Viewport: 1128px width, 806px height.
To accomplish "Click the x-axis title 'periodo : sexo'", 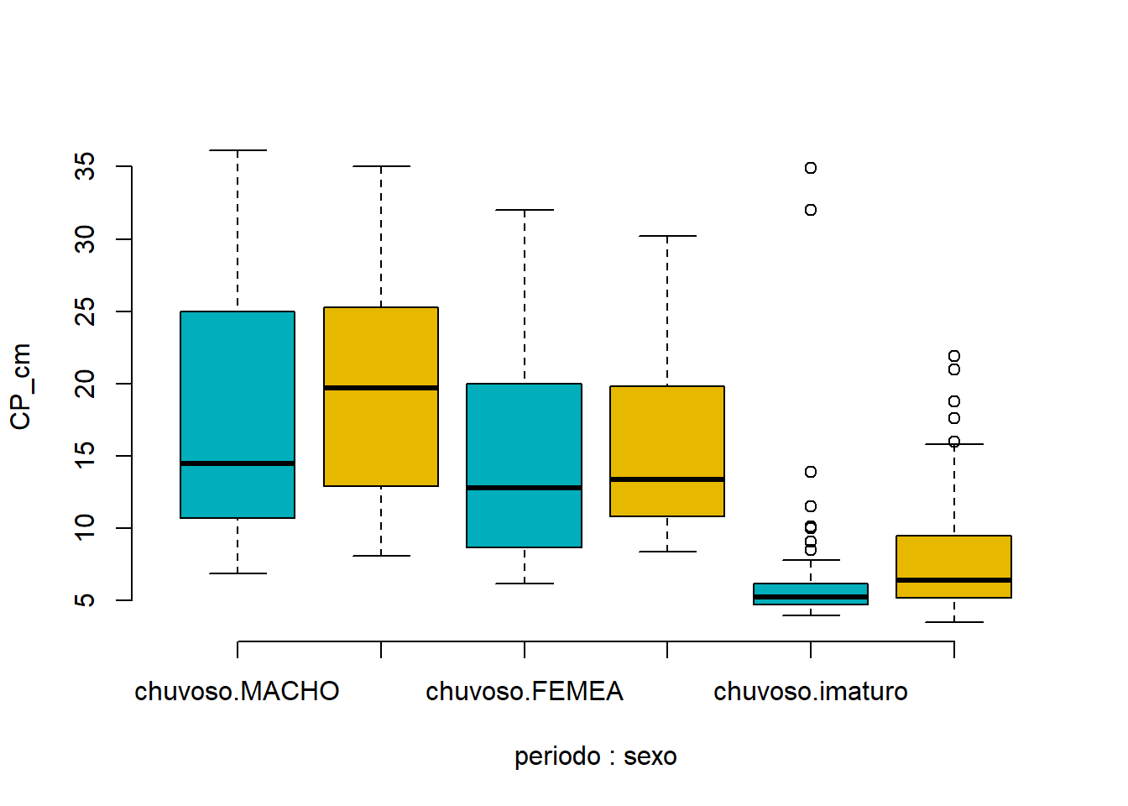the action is pyautogui.click(x=596, y=756).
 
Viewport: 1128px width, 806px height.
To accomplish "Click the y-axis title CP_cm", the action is pyautogui.click(x=21, y=386).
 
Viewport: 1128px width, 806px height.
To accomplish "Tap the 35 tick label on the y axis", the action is pyautogui.click(x=85, y=166).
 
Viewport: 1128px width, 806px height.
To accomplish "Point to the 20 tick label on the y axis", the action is pyautogui.click(x=85, y=384).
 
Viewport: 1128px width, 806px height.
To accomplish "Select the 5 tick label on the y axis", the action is pyautogui.click(x=85, y=600).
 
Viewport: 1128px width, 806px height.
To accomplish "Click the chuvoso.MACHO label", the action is pyautogui.click(x=238, y=691).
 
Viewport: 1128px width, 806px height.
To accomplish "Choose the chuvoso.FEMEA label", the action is pyautogui.click(x=525, y=691).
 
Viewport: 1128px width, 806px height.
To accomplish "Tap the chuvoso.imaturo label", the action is pyautogui.click(x=811, y=691).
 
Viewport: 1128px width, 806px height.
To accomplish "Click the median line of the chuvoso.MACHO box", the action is pyautogui.click(x=238, y=463).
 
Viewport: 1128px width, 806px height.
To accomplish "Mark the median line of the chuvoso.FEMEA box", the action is pyautogui.click(x=525, y=488).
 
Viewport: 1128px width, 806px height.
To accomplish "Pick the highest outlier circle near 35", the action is pyautogui.click(x=811, y=168).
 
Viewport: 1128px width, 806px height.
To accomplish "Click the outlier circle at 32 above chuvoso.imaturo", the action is pyautogui.click(x=811, y=210).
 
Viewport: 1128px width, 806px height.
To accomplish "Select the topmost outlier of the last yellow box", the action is pyautogui.click(x=954, y=356).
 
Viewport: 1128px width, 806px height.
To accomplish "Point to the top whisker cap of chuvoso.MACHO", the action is pyautogui.click(x=238, y=150).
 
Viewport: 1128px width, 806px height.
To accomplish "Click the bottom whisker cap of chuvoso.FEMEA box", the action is pyautogui.click(x=525, y=584).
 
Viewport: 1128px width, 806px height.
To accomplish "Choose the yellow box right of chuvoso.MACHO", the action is pyautogui.click(x=381, y=396).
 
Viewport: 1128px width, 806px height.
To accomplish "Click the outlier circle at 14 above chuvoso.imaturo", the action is pyautogui.click(x=811, y=472).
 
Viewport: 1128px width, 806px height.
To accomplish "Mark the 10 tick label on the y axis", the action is pyautogui.click(x=85, y=528).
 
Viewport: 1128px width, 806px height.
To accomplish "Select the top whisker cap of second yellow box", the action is pyautogui.click(x=668, y=236).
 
